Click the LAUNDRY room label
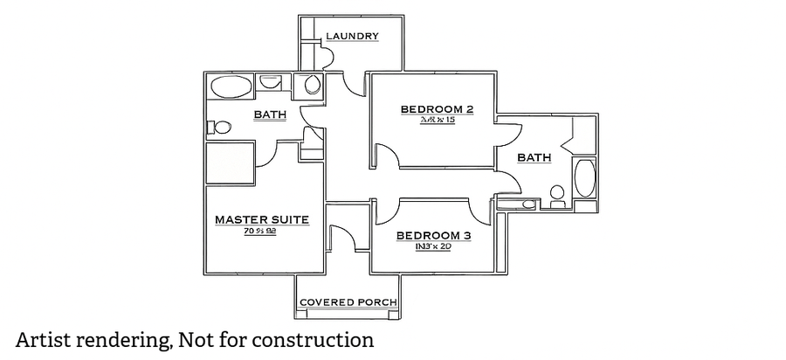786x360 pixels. tap(352, 37)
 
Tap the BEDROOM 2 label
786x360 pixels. tap(437, 109)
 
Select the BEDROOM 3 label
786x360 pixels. tap(433, 235)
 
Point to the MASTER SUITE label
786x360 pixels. tap(261, 219)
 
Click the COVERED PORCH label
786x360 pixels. tap(348, 302)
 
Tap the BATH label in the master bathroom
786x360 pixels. tap(270, 115)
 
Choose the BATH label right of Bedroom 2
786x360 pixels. tap(534, 157)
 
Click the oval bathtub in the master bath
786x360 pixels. tap(230, 87)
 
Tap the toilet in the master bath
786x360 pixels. tap(219, 128)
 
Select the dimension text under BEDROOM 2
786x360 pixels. tap(437, 120)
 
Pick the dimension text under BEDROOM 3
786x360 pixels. tap(433, 246)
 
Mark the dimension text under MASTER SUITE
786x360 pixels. tap(260, 231)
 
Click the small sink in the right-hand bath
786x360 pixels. tap(525, 204)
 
